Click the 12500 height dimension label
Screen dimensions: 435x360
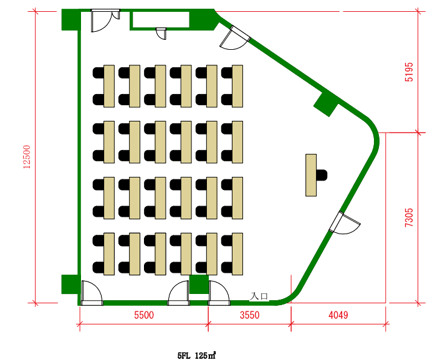pos(27,157)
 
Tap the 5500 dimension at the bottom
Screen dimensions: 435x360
pos(144,315)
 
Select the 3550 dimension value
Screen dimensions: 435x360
pos(250,315)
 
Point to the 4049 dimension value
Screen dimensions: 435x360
pos(338,315)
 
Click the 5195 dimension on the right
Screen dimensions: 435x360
pos(409,72)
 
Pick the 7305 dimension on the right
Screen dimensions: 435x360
pos(409,218)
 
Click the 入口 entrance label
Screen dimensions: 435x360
pos(259,296)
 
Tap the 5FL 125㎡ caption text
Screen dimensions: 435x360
pos(197,355)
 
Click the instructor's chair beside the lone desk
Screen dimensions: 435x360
pos(322,175)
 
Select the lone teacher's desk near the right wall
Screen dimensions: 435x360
pos(311,175)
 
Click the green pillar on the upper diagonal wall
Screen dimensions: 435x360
pos(327,104)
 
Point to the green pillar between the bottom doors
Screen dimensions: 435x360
pos(199,284)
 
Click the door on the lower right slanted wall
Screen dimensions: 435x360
pos(343,223)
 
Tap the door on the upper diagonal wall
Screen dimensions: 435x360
pos(235,38)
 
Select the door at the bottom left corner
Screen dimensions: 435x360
pos(92,293)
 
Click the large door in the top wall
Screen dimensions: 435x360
pos(105,21)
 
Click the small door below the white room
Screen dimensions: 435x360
pos(161,34)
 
